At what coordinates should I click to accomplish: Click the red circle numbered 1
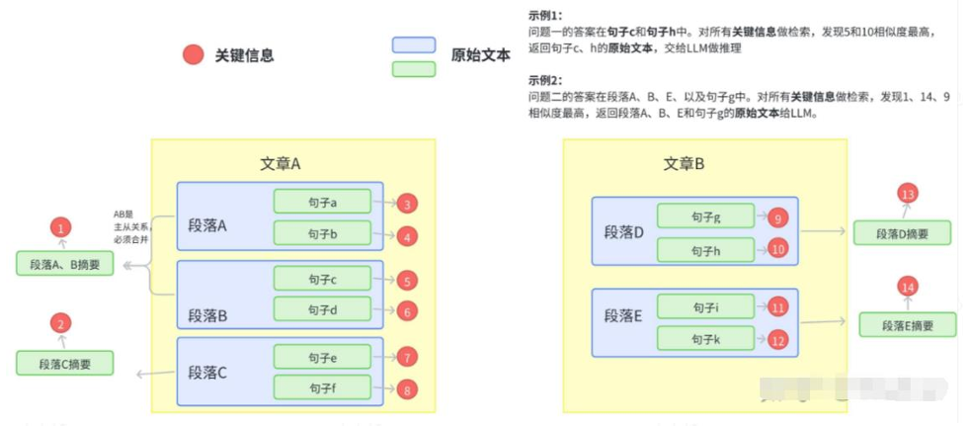(61, 228)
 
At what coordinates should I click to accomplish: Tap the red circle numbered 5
(407, 281)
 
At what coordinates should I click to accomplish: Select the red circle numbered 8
(407, 389)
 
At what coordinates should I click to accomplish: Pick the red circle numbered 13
(908, 195)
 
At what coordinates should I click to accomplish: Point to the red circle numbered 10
(777, 249)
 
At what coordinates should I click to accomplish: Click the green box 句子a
(322, 203)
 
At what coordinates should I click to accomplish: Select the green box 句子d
(322, 309)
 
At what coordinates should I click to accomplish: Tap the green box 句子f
(322, 386)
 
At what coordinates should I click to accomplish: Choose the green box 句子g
(705, 217)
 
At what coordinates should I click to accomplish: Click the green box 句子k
(705, 338)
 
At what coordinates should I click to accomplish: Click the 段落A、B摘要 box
(65, 264)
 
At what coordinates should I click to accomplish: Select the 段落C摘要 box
(65, 363)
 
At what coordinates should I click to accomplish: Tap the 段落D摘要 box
(902, 233)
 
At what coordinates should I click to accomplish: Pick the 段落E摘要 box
(907, 325)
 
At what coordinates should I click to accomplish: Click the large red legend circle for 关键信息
(194, 55)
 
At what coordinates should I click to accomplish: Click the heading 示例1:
(545, 15)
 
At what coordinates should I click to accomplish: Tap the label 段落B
(207, 316)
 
